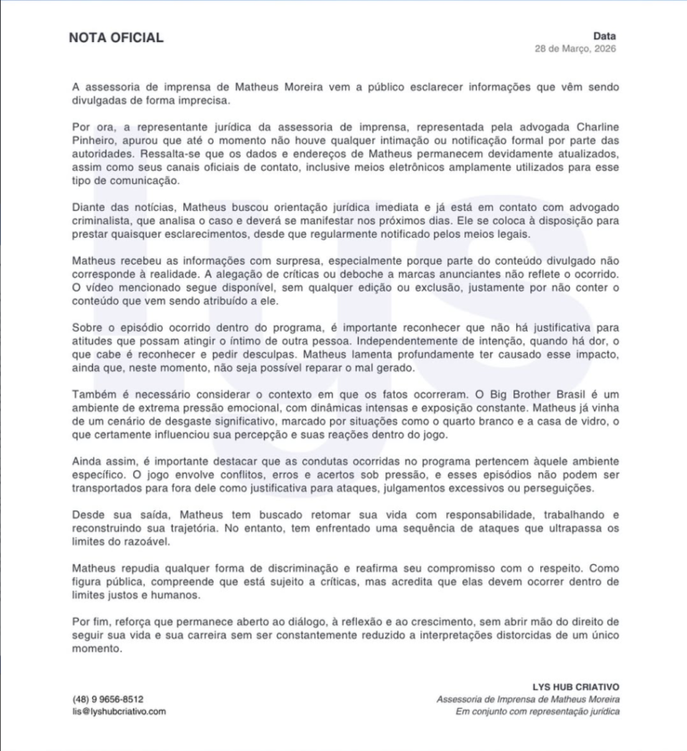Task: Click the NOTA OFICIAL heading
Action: (116, 38)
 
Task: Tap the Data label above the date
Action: (604, 36)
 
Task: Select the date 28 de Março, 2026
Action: (575, 47)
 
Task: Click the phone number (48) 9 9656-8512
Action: (108, 699)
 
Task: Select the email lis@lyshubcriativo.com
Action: (119, 712)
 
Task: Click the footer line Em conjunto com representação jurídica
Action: (537, 712)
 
